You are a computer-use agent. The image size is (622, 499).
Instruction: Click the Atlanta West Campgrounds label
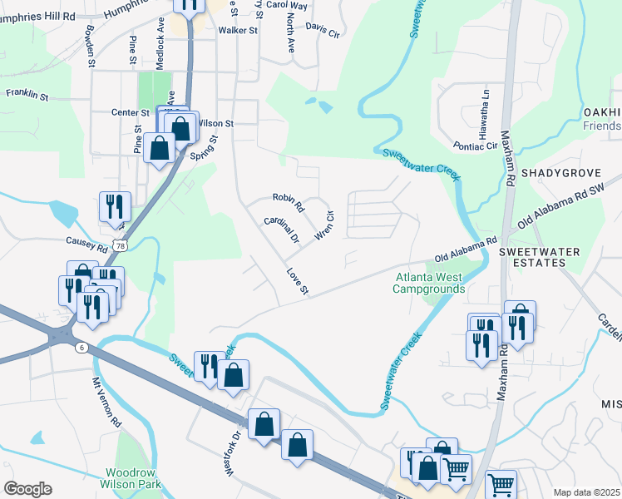(429, 283)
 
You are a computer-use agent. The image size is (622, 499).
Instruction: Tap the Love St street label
(298, 281)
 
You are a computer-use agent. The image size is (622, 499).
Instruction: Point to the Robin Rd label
(289, 202)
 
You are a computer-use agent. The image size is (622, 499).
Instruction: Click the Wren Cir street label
(324, 226)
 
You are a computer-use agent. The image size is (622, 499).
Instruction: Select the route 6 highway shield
(81, 346)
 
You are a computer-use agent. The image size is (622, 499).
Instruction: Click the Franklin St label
(27, 95)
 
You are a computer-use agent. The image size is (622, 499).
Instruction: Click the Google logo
(27, 488)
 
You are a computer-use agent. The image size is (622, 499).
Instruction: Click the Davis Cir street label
(323, 30)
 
